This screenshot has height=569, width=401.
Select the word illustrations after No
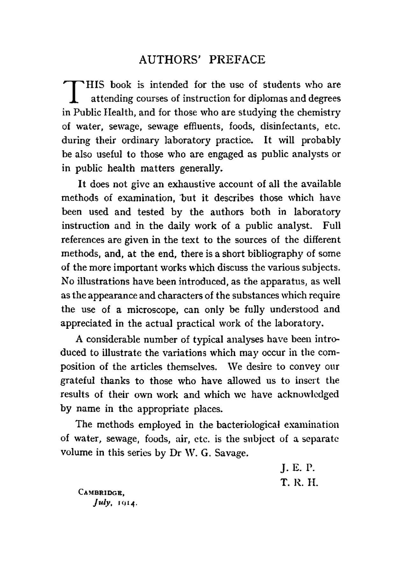99,281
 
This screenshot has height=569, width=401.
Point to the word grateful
78,381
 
